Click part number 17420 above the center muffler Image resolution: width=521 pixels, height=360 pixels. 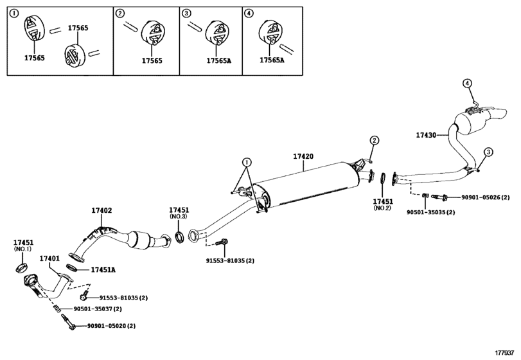(x=303, y=156)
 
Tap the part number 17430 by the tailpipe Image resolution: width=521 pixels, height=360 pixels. (x=426, y=135)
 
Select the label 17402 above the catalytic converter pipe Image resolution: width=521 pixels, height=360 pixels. (x=102, y=210)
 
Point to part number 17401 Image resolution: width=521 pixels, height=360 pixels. (x=49, y=258)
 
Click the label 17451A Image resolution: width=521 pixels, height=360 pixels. (x=103, y=269)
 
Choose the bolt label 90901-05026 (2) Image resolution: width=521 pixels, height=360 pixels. (x=485, y=197)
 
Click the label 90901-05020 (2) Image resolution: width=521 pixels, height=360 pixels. (x=111, y=326)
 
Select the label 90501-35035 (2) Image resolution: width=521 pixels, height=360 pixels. (x=431, y=212)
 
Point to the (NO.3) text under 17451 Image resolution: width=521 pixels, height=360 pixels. (x=179, y=217)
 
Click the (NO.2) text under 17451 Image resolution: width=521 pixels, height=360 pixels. (x=382, y=208)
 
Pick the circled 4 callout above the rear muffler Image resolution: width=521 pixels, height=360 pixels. (x=468, y=84)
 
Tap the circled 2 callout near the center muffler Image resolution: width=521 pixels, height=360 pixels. (x=374, y=141)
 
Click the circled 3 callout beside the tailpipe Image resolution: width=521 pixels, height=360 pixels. (x=488, y=152)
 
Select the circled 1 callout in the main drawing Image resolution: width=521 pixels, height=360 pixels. (x=247, y=163)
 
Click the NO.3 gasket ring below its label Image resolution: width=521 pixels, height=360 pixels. (x=179, y=237)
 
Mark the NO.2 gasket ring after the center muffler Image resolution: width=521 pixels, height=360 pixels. (x=383, y=178)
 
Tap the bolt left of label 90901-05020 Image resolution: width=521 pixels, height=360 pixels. (x=68, y=322)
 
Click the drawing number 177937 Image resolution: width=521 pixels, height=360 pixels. (x=504, y=352)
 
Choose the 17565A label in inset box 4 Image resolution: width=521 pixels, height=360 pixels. (x=272, y=60)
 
